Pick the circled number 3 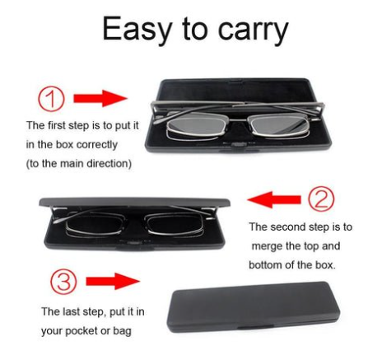point(63,282)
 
